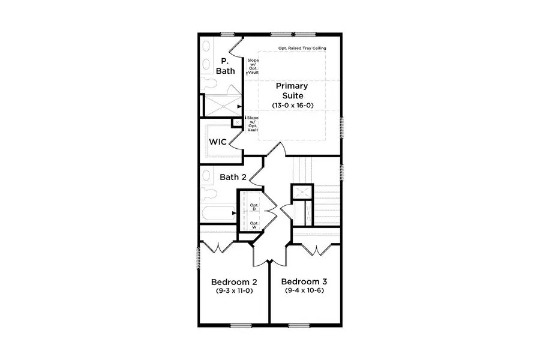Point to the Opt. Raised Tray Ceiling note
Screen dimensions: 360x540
click(302, 48)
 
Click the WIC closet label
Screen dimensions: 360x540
click(217, 142)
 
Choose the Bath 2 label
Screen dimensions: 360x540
click(233, 177)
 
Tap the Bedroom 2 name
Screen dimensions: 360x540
click(234, 282)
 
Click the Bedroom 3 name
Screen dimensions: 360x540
click(304, 282)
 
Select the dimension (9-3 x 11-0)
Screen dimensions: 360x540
click(234, 291)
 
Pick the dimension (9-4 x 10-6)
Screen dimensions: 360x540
click(304, 291)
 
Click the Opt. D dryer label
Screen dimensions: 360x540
click(254, 207)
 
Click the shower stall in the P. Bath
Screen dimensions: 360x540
click(223, 106)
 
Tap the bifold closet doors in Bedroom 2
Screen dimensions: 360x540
click(217, 247)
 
